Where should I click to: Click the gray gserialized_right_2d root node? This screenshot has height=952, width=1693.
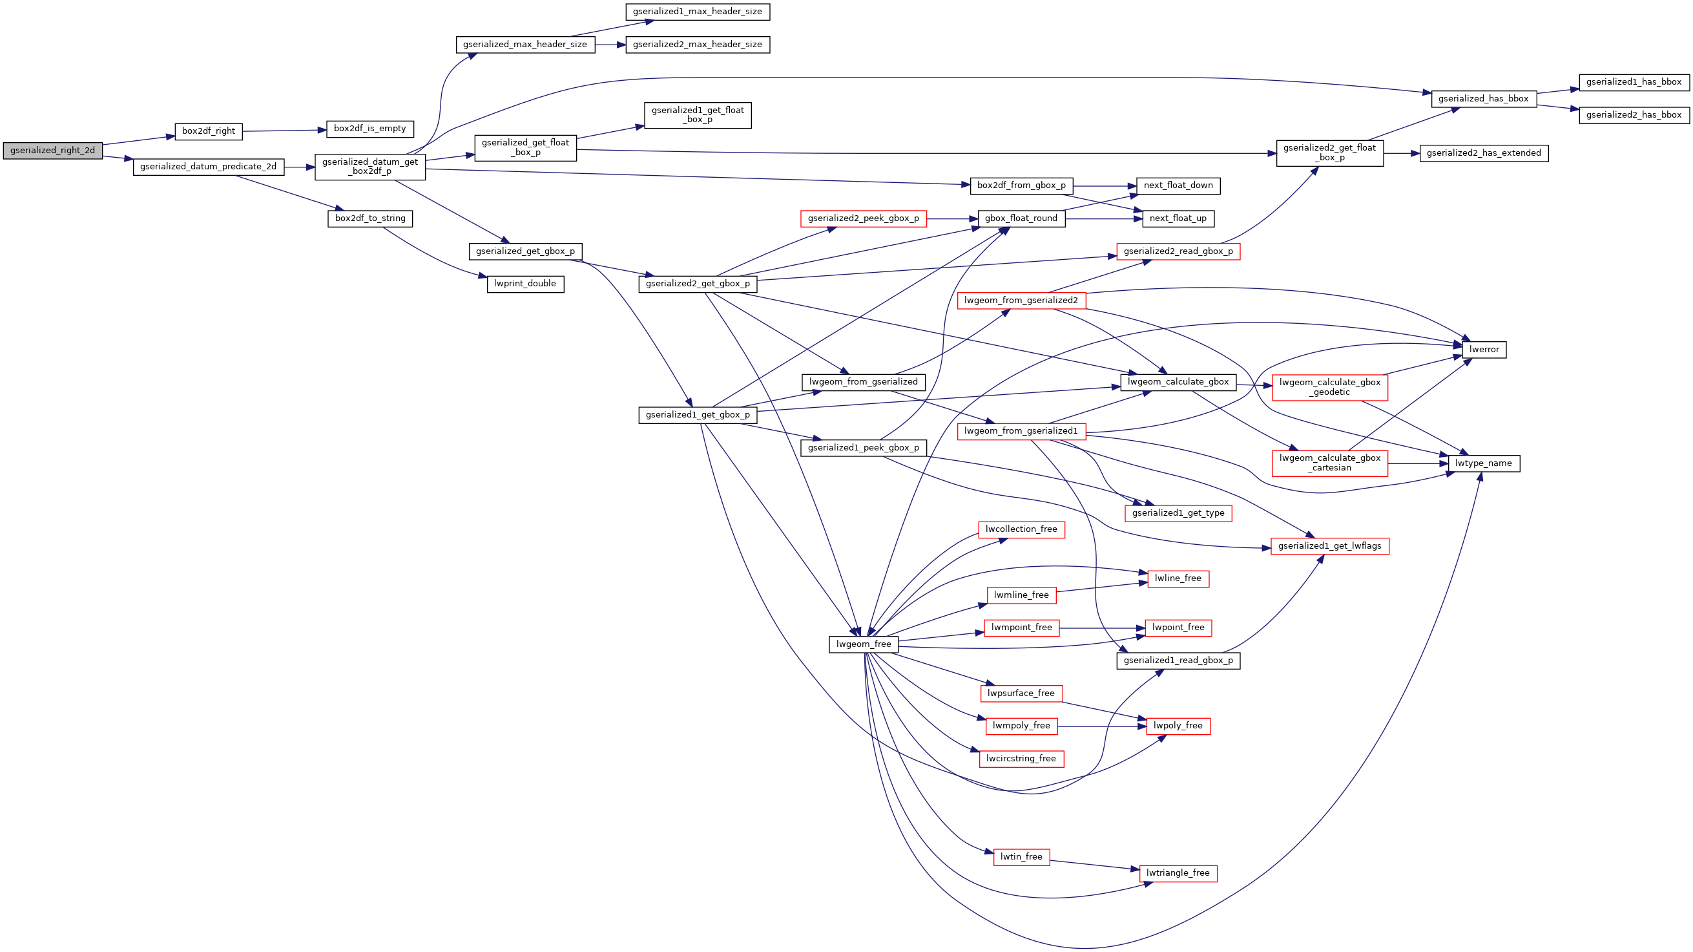tap(52, 151)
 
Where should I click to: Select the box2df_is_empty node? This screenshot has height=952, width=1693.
tap(369, 129)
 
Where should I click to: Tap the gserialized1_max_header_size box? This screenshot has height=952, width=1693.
tap(698, 12)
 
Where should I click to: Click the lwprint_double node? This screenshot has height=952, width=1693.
tap(525, 284)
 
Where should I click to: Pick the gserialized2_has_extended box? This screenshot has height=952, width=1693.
tap(1483, 153)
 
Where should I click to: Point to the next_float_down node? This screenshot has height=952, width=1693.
tap(1178, 185)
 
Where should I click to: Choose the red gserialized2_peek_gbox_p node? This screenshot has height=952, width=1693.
tap(863, 218)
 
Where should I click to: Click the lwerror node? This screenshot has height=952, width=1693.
tap(1483, 350)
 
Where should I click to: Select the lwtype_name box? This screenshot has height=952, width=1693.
tap(1483, 463)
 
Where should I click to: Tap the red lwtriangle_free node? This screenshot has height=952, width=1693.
tap(1178, 873)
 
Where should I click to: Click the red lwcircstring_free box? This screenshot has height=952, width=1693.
tap(1021, 759)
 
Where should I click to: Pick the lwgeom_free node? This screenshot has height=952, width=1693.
tap(863, 644)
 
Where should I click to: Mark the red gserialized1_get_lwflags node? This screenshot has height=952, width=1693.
tap(1329, 546)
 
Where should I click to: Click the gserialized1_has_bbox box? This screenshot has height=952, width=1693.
tap(1633, 82)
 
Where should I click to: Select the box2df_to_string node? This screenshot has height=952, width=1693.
tap(370, 218)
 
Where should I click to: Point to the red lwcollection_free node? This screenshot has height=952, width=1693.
tap(1021, 529)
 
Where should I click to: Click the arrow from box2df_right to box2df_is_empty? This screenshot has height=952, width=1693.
tap(284, 131)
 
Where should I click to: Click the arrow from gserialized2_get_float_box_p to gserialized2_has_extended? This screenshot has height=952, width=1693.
tap(1401, 153)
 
